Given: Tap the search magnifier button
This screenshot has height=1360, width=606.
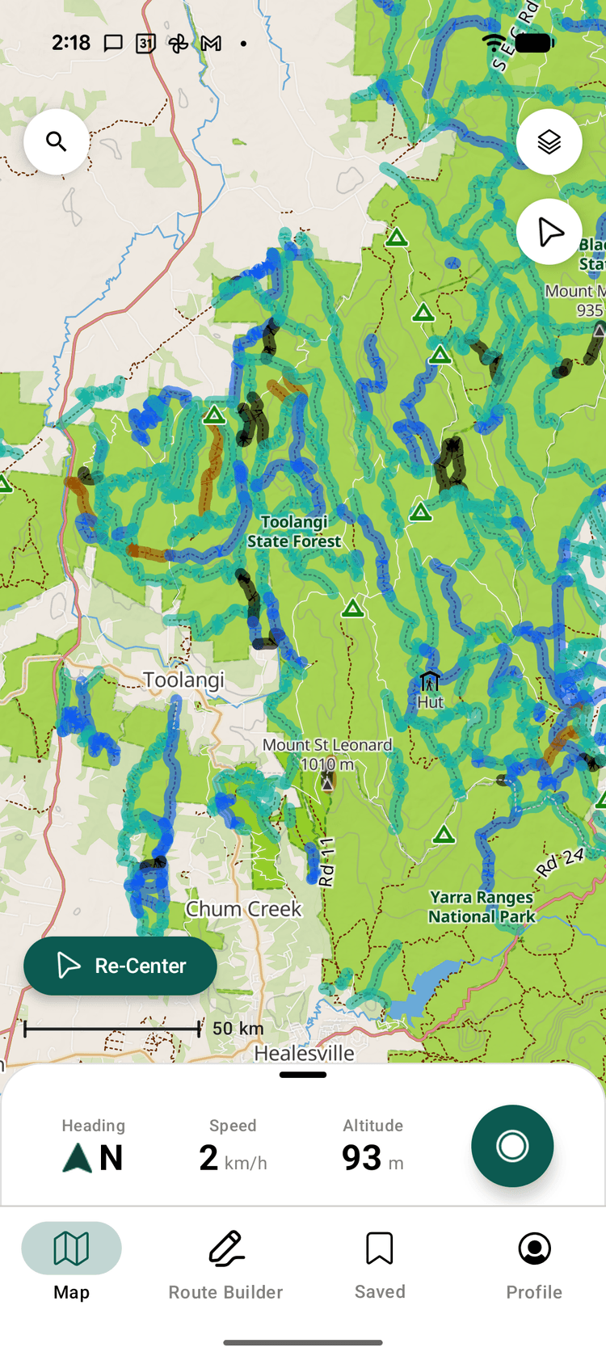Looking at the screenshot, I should coord(57,142).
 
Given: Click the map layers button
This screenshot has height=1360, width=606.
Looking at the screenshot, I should coord(549,142).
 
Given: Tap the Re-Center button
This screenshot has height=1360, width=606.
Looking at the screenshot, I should coord(120,966).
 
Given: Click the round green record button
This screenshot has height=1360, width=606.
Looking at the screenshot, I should coord(512,1146).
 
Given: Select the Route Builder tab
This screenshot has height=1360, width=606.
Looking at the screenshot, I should coord(225,1261).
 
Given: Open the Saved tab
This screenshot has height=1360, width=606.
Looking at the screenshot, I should coord(380,1261).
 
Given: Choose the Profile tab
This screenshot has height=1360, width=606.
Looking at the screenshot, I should coord(534,1261).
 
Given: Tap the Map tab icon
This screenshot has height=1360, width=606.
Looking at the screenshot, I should coord(71,1249).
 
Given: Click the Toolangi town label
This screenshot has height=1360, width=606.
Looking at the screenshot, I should coord(184,680).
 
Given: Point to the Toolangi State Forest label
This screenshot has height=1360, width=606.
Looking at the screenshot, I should coord(294,532).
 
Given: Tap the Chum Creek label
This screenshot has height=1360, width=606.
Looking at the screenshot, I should coord(243,909).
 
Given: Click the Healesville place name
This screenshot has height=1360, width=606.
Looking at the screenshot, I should coord(304,1053).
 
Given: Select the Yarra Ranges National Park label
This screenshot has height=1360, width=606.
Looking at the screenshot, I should coord(482,907).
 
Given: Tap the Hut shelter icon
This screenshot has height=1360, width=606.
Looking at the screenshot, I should coord(430,681).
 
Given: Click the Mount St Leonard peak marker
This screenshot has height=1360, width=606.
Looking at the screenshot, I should coord(327,781).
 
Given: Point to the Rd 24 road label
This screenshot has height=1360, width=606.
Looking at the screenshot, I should coord(560,862).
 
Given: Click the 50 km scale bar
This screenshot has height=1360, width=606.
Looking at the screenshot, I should coord(112,1029).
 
